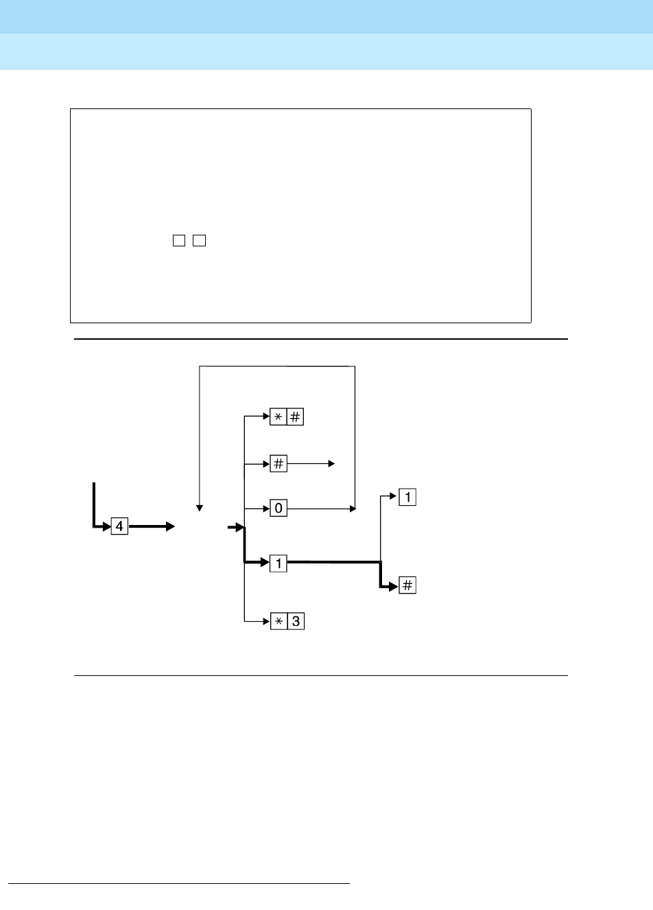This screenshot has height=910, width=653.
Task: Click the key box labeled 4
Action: point(119,526)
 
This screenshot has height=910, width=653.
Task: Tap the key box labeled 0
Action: point(278,509)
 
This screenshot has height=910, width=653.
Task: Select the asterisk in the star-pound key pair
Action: point(278,417)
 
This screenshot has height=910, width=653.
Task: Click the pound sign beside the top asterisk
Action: point(295,417)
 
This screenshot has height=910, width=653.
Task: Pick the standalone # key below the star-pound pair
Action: point(278,464)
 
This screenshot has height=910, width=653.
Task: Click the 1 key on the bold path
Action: point(278,563)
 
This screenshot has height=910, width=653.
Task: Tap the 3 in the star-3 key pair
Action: point(296,621)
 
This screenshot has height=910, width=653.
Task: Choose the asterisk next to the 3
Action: point(278,621)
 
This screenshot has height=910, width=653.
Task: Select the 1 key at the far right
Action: point(407,497)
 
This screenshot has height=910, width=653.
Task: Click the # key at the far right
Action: point(407,585)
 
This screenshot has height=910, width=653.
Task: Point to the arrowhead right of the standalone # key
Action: point(331,464)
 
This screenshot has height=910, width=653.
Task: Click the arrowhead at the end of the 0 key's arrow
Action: point(353,509)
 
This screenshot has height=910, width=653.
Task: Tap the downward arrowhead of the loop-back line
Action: point(200,508)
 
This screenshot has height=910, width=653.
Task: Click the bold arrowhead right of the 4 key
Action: point(170,526)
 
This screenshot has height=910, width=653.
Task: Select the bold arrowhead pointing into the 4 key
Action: point(106,527)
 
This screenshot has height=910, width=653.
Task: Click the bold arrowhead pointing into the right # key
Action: point(393,586)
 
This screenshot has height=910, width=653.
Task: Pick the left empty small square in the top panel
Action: point(179,240)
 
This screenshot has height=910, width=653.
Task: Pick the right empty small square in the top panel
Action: point(200,240)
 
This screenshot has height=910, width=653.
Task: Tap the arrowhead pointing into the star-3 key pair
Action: point(266,621)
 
